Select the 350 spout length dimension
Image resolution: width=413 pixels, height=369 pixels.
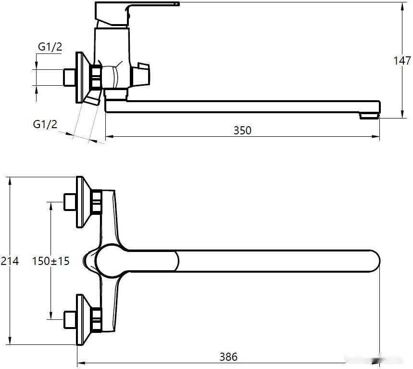242,131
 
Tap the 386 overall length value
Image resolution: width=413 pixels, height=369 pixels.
228,357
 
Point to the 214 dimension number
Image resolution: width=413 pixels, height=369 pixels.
10,261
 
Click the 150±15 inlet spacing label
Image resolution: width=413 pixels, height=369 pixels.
51,261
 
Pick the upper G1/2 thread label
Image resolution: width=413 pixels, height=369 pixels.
50,47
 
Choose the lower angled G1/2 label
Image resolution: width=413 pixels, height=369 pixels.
45,124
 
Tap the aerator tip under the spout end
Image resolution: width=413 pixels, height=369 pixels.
369,116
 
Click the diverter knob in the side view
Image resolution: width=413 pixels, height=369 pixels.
140,74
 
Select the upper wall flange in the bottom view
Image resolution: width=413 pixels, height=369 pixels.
84,202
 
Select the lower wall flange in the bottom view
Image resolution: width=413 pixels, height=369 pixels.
84,320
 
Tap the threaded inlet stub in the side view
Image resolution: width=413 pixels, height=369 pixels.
70,78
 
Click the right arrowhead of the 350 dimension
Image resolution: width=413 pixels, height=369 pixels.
376,136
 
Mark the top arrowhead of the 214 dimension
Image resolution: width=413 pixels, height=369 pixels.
10,181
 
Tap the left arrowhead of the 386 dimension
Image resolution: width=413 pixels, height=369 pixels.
81,363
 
